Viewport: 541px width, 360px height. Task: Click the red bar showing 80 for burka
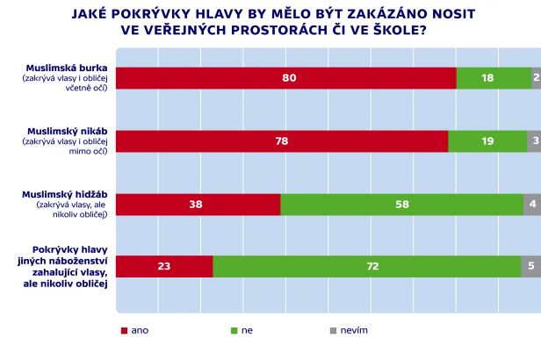(x=285, y=78)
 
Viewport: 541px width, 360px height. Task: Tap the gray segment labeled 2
(x=536, y=78)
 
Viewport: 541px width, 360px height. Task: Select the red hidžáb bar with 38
(x=197, y=204)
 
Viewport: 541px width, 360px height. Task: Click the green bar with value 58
(x=402, y=204)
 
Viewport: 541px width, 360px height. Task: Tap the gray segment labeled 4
(x=532, y=204)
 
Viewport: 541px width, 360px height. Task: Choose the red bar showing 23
(x=164, y=266)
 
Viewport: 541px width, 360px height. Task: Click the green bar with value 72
(x=366, y=266)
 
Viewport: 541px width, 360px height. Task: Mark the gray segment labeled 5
(x=530, y=266)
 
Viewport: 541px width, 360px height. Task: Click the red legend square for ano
(x=124, y=330)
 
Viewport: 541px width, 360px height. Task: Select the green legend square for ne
(x=234, y=330)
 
